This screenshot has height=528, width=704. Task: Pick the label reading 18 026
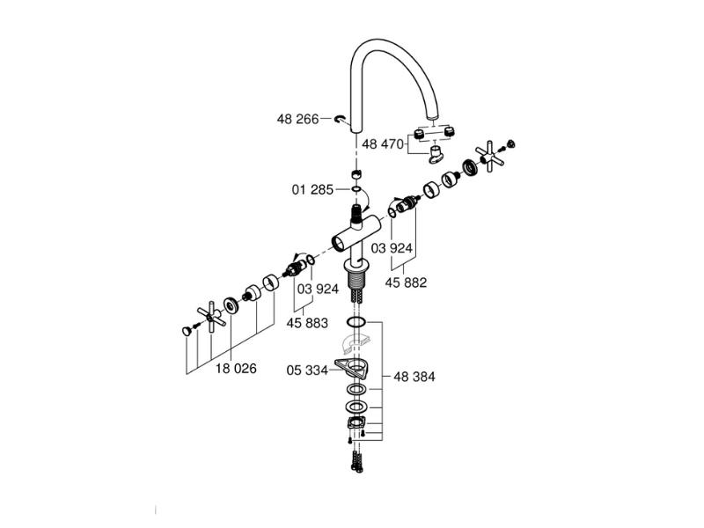click(x=236, y=369)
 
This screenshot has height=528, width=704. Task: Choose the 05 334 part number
click(x=306, y=370)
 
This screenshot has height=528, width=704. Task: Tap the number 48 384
click(x=414, y=376)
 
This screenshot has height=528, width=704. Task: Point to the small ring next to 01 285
click(x=356, y=188)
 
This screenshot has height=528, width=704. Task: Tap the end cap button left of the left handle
click(x=187, y=331)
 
